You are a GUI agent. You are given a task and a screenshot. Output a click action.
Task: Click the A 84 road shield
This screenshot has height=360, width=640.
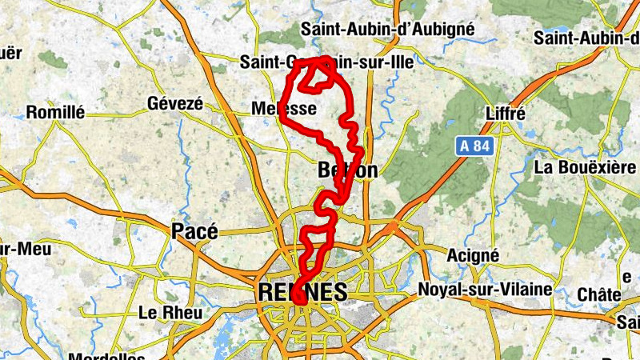pyautogui.click(x=475, y=146)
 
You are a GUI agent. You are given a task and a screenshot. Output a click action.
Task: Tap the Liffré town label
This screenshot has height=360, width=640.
pyautogui.click(x=505, y=114)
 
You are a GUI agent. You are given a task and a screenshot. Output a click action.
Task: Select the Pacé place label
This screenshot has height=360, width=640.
pyautogui.click(x=194, y=231)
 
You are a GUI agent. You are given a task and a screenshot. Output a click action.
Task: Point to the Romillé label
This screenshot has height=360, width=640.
pyautogui.click(x=55, y=113)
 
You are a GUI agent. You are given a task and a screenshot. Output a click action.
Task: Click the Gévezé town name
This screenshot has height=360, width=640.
pyautogui.click(x=176, y=104)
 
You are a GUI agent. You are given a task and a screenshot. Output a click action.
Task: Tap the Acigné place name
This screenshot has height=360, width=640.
pyautogui.click(x=473, y=255)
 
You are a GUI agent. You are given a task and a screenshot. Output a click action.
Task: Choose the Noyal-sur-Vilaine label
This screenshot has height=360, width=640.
pyautogui.click(x=486, y=289)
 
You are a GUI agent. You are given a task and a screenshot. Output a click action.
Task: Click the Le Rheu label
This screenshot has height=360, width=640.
pyautogui.click(x=170, y=311)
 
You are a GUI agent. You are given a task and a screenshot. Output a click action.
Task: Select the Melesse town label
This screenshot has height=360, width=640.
pyautogui.click(x=284, y=108)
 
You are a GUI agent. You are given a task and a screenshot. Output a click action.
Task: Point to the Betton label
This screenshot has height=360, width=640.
pyautogui.click(x=347, y=170)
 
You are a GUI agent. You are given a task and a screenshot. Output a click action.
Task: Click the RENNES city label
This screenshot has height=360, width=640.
pyautogui.click(x=303, y=292)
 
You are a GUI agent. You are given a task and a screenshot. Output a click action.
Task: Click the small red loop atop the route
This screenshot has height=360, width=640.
pyautogui.click(x=323, y=73)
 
